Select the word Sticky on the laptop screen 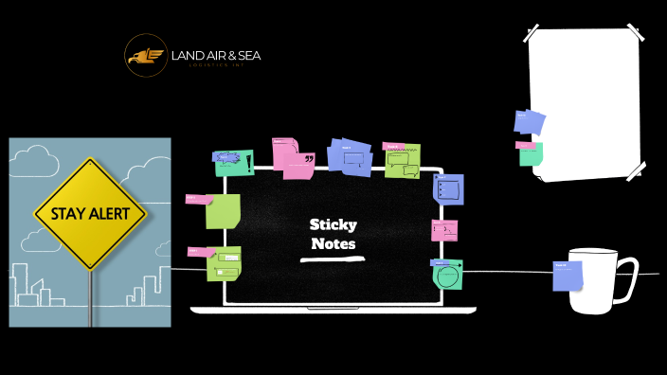click(333, 225)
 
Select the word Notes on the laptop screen click(333, 243)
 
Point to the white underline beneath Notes click(333, 257)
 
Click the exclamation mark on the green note click(249, 163)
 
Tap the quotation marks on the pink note click(309, 160)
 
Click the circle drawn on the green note click(446, 277)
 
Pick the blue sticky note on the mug click(568, 277)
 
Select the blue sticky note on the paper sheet click(530, 122)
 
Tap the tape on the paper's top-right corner click(636, 38)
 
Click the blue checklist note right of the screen click(448, 189)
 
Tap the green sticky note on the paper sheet click(531, 153)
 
